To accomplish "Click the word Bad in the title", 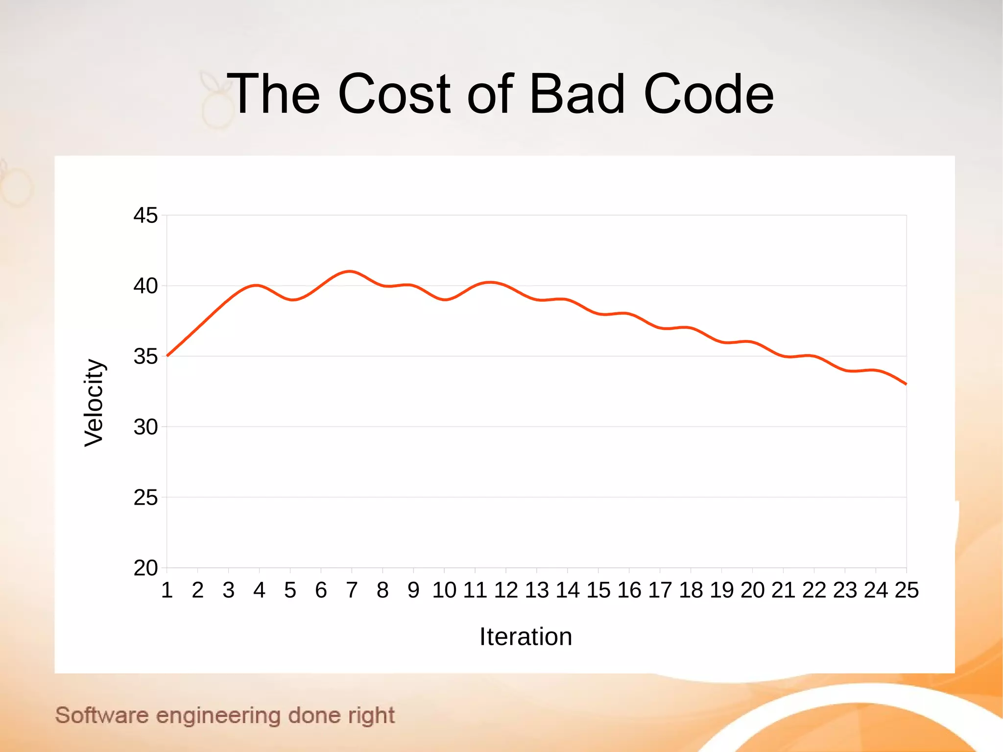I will [577, 94].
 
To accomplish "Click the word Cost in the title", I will [394, 94].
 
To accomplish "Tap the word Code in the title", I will [708, 94].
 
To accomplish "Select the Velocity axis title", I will [94, 403].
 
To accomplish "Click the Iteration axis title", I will [525, 637].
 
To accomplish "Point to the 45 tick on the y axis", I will [145, 216].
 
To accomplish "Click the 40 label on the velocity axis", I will [145, 286].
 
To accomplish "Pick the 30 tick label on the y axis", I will [145, 427].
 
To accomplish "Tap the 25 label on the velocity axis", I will [145, 498].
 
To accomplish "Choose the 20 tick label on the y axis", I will [145, 568].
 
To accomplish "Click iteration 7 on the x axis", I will [352, 590].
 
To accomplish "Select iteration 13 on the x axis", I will [537, 590].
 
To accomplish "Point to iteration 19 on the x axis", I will [722, 590].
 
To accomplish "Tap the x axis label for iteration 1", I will [167, 590].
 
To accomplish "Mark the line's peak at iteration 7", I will [350, 271].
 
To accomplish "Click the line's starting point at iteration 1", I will [167, 356].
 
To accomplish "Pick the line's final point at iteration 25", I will [906, 384].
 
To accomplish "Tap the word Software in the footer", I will [102, 715].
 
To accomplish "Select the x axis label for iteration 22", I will [814, 590].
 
